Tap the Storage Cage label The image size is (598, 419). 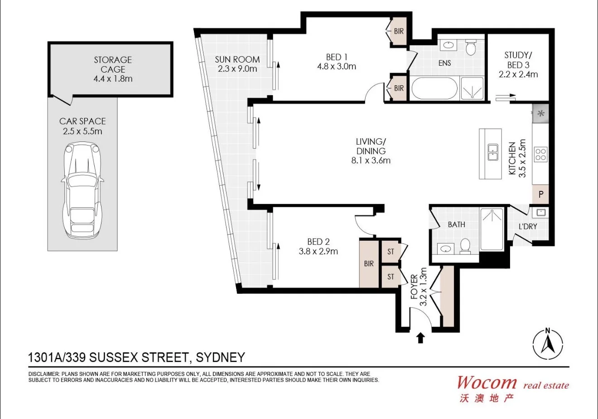click(113, 69)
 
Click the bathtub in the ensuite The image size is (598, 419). click(434, 88)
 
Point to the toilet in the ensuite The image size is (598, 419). click(471, 47)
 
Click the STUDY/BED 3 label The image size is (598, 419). click(518, 65)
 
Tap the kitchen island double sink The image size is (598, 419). click(492, 153)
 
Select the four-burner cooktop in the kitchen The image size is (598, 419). click(540, 154)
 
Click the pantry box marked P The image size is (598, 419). click(540, 195)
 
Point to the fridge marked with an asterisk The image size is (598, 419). click(540, 114)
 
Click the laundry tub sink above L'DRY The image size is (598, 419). click(540, 212)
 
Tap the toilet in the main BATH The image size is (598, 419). click(465, 245)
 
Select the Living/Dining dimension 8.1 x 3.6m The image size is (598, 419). click(371, 160)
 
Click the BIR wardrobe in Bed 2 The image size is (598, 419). click(369, 263)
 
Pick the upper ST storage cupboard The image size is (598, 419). click(390, 252)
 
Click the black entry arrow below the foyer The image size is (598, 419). click(420, 338)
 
